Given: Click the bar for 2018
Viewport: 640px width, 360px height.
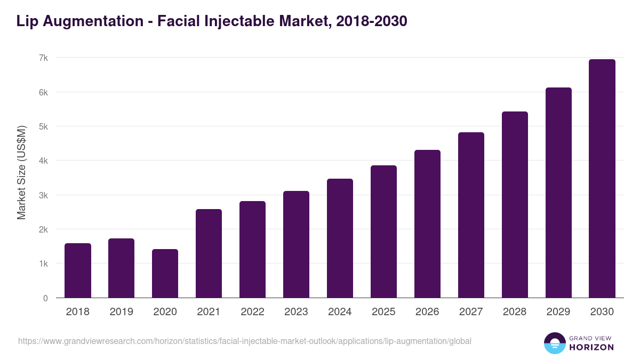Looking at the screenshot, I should click(78, 270).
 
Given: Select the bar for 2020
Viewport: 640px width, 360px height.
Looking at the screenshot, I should click(165, 273).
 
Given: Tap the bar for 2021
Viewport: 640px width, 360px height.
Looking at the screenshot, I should click(209, 253).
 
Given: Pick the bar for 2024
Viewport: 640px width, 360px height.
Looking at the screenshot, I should click(340, 238).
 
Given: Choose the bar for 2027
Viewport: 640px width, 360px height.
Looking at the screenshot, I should click(471, 215).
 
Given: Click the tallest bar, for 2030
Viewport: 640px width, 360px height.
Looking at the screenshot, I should click(602, 178).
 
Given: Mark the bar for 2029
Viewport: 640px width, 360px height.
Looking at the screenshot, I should click(558, 193).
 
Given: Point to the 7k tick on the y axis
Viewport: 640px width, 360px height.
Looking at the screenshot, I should click(43, 58).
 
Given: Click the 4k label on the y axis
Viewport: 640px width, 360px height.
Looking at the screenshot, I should click(43, 161).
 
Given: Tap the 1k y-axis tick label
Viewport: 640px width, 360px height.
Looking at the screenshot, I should click(43, 264).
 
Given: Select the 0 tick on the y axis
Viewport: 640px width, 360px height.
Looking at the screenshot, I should click(45, 298).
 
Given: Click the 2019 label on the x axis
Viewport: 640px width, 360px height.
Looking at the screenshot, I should click(122, 312).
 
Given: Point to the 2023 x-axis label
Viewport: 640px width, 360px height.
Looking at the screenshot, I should click(297, 312).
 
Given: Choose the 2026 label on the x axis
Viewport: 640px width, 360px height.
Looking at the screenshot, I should click(428, 312).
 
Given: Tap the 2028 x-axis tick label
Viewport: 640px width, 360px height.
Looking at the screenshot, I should click(515, 312).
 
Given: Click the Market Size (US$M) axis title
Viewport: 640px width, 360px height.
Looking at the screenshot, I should click(21, 173).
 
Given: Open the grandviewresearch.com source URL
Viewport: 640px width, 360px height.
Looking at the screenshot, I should click(245, 341).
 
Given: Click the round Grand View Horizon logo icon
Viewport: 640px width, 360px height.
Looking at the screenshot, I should click(555, 343).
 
